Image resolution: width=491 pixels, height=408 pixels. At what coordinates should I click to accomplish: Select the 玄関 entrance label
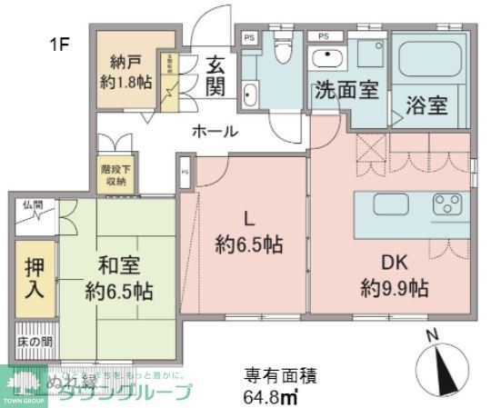coord(215,75)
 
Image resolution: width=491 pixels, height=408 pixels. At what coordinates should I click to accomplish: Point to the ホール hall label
coord(215,132)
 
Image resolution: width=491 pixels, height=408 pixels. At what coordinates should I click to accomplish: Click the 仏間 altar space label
coord(33,205)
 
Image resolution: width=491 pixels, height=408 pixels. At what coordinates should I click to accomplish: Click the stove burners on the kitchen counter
coord(446,203)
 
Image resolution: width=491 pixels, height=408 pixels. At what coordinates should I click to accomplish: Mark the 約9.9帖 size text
coord(393,290)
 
